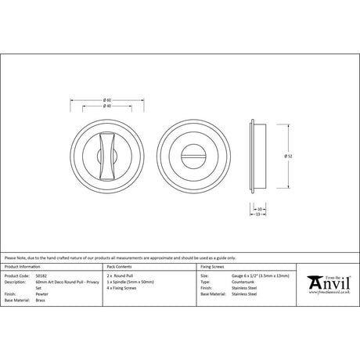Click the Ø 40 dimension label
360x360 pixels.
click(106, 106)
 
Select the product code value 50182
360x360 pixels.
click(52, 275)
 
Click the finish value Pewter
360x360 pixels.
click(54, 293)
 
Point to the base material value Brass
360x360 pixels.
click(52, 300)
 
